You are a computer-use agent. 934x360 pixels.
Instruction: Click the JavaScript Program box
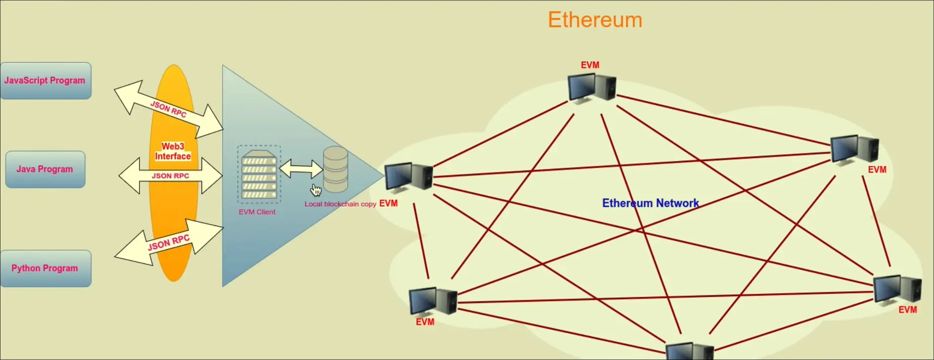[45, 80]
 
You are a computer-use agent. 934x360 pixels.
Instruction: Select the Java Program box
[45, 169]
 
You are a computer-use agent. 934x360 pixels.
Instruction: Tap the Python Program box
[45, 268]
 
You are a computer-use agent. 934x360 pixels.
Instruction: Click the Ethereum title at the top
[595, 20]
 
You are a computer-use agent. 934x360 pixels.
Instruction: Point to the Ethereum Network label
[650, 203]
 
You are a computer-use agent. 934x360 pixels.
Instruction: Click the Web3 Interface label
[173, 152]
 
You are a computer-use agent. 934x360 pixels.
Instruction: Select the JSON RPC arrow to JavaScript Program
[168, 109]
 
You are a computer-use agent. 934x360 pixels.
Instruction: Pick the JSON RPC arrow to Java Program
[170, 176]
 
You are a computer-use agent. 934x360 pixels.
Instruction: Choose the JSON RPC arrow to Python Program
[168, 242]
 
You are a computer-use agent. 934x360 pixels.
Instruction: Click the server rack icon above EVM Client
[259, 174]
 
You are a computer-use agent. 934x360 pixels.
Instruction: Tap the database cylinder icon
[336, 169]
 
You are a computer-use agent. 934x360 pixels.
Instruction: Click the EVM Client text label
[257, 212]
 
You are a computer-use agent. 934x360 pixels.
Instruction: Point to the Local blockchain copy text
[340, 204]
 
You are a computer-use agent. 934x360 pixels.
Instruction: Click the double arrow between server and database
[301, 169]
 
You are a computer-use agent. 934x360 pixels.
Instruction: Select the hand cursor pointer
[316, 190]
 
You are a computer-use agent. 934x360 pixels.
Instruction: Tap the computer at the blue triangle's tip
[408, 177]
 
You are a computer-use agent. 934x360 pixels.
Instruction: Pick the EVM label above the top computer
[590, 65]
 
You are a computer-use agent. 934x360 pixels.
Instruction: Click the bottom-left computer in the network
[433, 301]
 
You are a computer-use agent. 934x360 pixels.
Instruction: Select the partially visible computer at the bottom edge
[689, 352]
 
